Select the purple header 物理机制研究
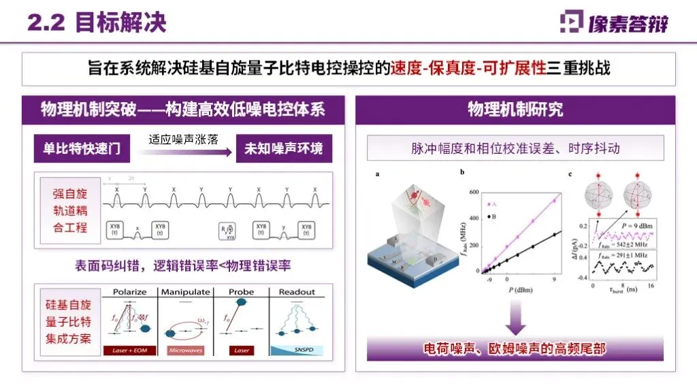515,110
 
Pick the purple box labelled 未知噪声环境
284,148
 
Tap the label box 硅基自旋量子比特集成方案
70,323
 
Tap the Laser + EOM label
130,350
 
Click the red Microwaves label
186,350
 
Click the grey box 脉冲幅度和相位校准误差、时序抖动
515,148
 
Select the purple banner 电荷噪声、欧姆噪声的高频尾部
515,349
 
